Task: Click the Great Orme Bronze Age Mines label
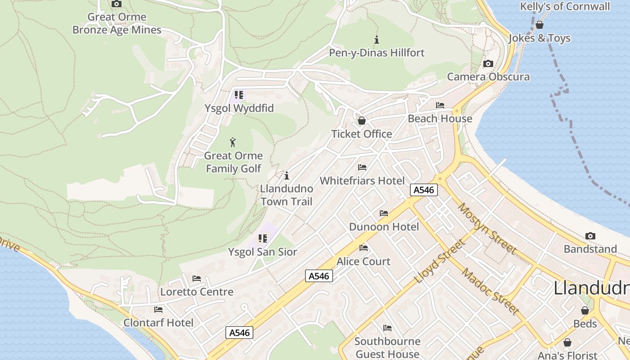tap(117, 24)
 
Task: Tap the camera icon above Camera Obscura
tap(488, 64)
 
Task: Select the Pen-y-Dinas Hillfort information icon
tap(377, 40)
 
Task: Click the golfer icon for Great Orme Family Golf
tap(233, 143)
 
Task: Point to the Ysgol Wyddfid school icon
tap(238, 95)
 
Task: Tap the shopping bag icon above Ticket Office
tap(361, 121)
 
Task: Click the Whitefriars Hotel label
tap(362, 181)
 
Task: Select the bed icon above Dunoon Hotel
tap(384, 213)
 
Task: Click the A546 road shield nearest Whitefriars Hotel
tap(424, 190)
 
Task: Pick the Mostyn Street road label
tap(487, 228)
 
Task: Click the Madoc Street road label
tap(490, 291)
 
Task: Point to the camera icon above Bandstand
tap(590, 236)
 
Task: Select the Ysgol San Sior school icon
tap(263, 238)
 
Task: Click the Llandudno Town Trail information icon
tap(287, 175)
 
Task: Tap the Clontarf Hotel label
tap(158, 323)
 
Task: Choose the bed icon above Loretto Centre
tap(197, 279)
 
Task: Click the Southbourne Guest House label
tap(387, 347)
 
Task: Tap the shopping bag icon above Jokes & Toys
tap(539, 25)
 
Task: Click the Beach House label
tap(440, 119)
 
